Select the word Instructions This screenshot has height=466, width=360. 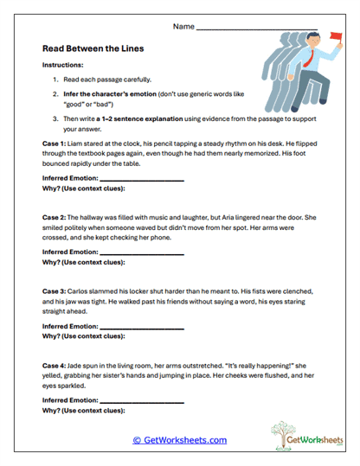coord(61,66)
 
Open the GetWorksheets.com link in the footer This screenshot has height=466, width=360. coord(179,439)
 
